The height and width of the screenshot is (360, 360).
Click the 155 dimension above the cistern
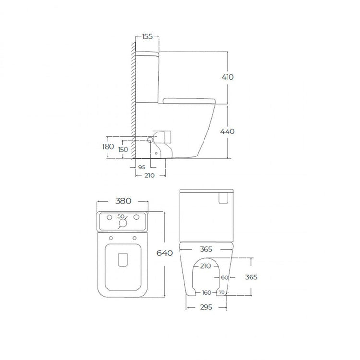[x=147, y=36]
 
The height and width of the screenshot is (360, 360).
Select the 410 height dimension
[x=228, y=77]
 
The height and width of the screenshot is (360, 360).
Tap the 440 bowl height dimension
[x=228, y=132]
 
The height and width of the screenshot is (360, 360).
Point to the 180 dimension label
[x=108, y=146]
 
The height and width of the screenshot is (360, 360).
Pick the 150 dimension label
[x=123, y=149]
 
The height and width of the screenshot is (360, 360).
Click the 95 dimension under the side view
[x=142, y=168]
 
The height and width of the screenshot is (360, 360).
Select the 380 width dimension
[x=123, y=201]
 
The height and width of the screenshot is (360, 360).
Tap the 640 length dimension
[x=165, y=253]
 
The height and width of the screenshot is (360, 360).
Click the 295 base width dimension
[x=206, y=307]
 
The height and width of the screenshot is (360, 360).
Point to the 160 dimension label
[x=206, y=293]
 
